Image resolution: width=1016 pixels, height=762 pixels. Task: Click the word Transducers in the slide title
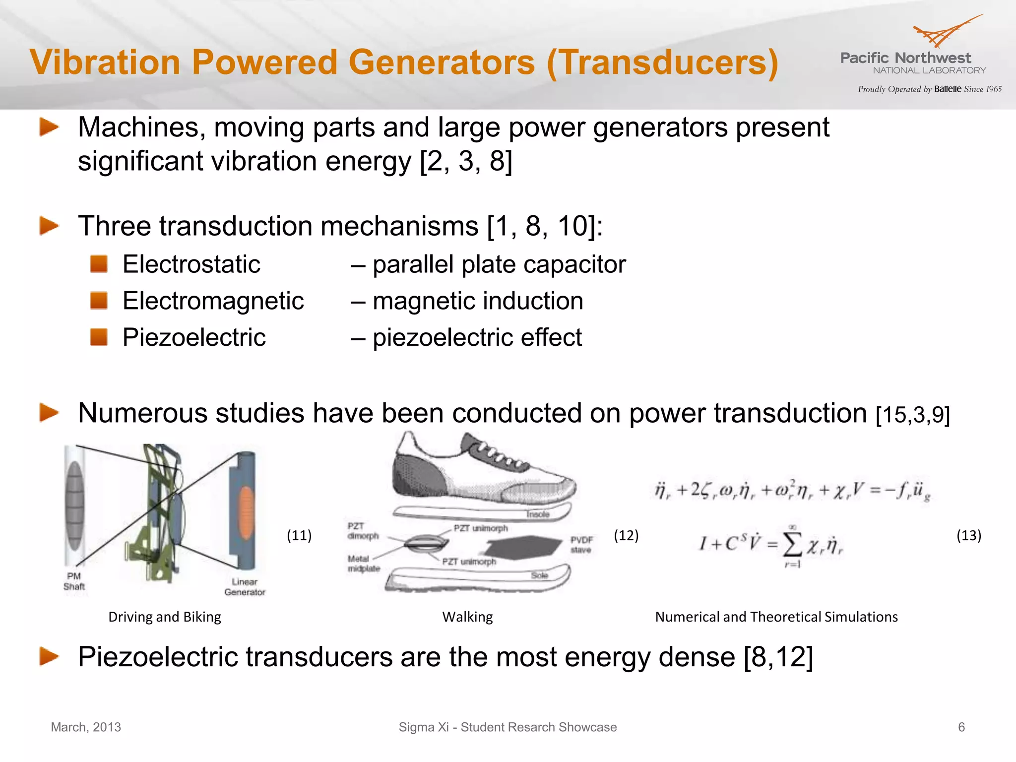[x=662, y=63]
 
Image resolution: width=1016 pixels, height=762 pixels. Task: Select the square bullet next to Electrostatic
[x=99, y=264]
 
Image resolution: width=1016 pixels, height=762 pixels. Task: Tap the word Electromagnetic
[x=213, y=301]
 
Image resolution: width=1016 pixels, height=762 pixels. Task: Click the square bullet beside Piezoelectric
[x=99, y=337]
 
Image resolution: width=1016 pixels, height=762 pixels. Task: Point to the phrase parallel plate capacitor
[x=499, y=264]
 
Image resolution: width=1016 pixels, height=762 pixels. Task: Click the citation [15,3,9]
[x=913, y=415]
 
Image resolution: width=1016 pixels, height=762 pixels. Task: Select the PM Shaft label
[x=74, y=581]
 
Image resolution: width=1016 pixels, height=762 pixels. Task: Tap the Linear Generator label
[x=245, y=586]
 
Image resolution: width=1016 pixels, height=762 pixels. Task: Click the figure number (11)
[x=299, y=535]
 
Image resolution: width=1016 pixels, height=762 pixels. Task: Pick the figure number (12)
[x=626, y=535]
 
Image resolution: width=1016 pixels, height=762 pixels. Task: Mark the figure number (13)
[x=968, y=535]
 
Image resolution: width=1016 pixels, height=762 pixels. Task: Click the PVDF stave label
[x=581, y=544]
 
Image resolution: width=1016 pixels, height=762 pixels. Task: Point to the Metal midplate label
[x=364, y=564]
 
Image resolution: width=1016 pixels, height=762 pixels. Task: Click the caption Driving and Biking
[x=165, y=617]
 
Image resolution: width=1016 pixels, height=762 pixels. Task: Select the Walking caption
[x=467, y=617]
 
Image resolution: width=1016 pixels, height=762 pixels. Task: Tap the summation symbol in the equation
[x=792, y=546]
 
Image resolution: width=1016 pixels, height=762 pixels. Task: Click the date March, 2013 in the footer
[x=86, y=727]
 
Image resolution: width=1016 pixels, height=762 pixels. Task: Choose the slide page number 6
[x=961, y=727]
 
